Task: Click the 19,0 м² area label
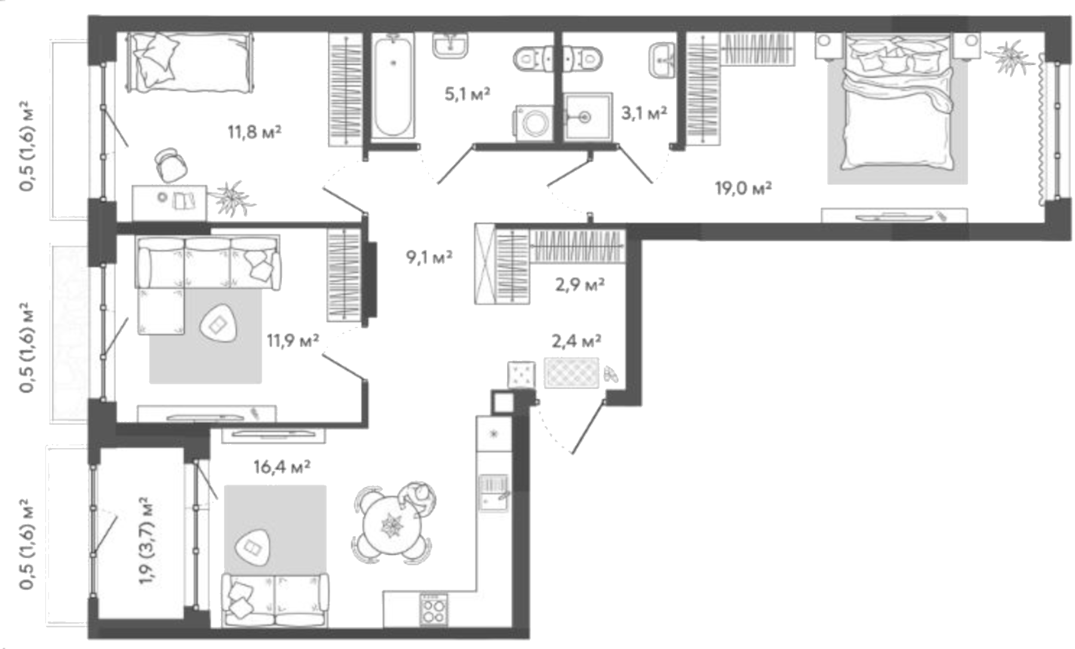pos(743,188)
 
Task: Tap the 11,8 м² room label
pos(254,131)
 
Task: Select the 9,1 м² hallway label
pos(429,257)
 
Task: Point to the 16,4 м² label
pos(282,466)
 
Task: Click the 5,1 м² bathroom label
pos(467,93)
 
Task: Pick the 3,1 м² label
pos(644,112)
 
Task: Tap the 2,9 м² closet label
pos(579,284)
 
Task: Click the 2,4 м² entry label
pos(576,341)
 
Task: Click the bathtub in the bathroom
pos(392,85)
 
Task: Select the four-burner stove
pos(433,610)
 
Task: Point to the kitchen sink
pos(494,492)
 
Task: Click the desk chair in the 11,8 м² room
pos(171,165)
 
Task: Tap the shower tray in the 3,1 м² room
pos(588,117)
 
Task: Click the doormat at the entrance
pos(571,373)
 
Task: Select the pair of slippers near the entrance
pos(610,375)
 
